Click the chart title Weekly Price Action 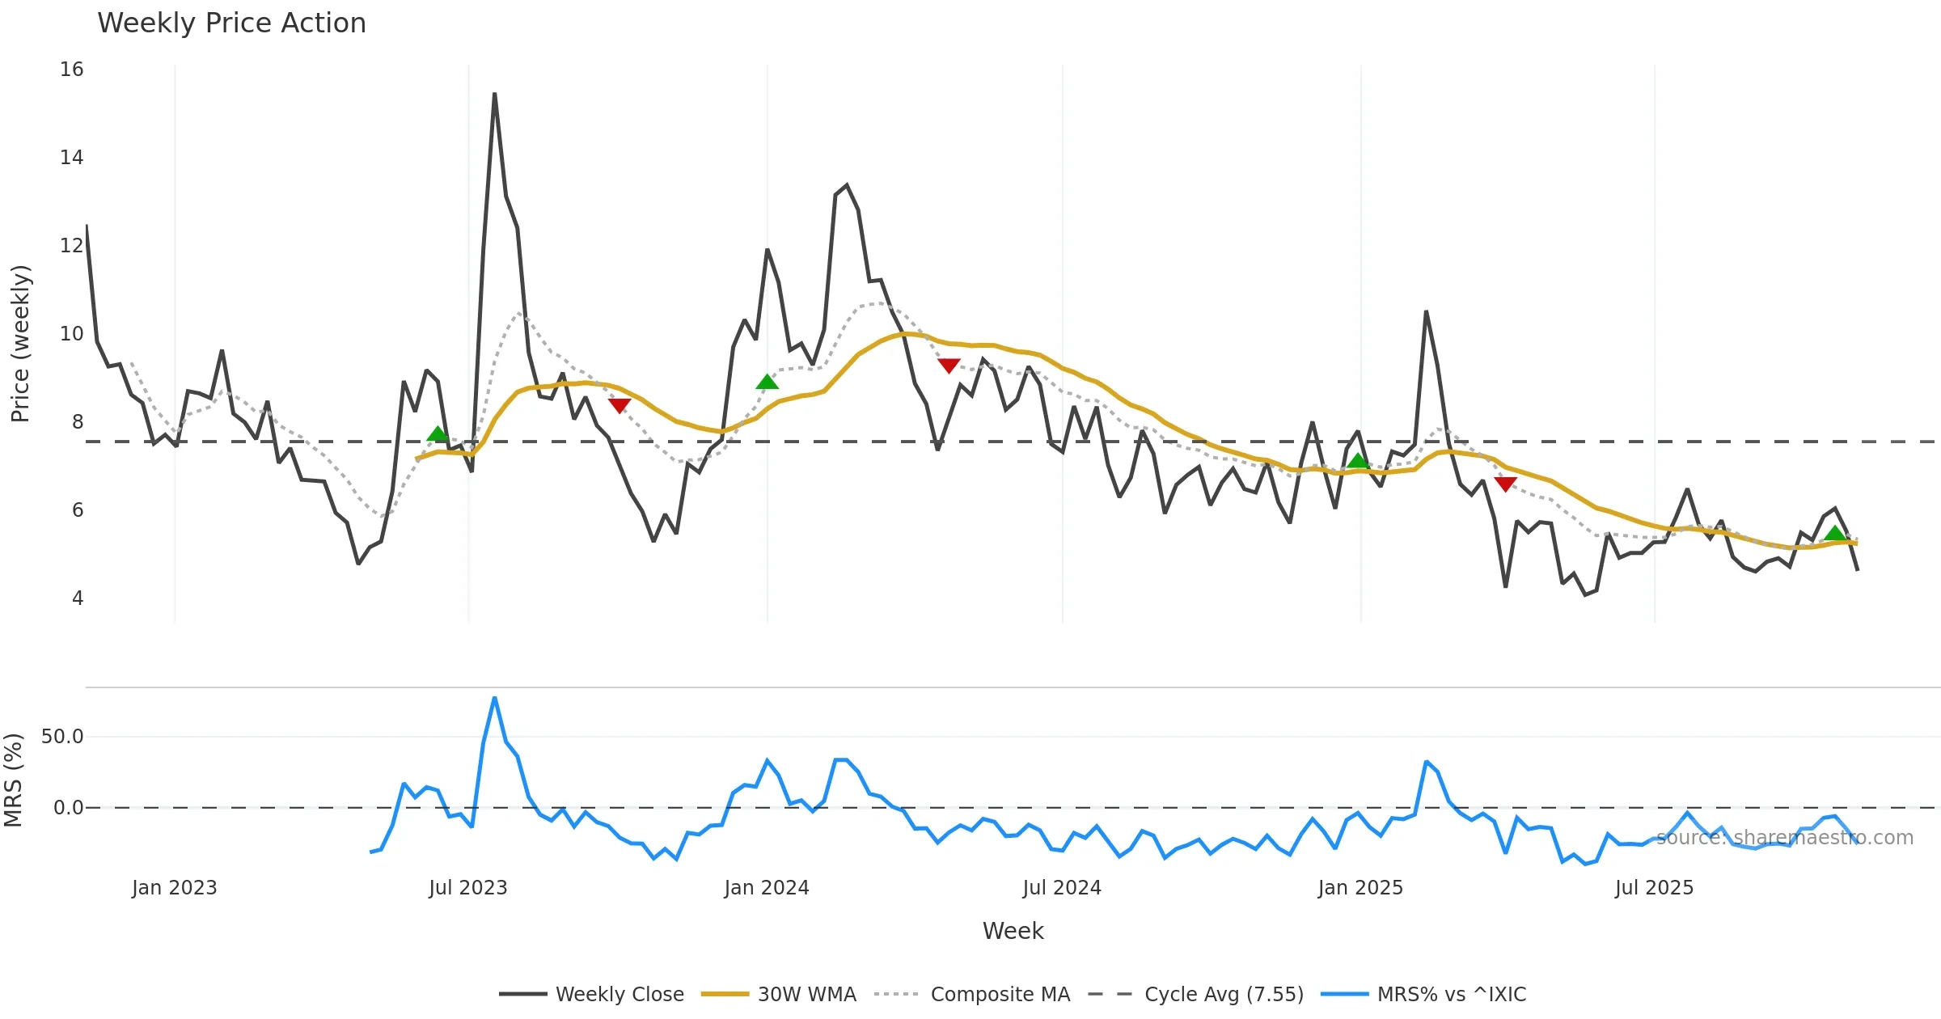point(231,23)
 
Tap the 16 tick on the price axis point(71,70)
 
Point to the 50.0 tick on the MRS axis point(62,737)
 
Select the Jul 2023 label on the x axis point(467,888)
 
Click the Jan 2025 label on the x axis point(1360,888)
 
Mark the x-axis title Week point(1013,932)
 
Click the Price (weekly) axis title point(20,344)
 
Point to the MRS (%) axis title point(14,780)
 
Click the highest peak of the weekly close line point(494,95)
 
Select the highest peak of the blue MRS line point(494,698)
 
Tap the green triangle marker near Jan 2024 point(767,382)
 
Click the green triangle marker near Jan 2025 point(1358,461)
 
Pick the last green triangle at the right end point(1835,533)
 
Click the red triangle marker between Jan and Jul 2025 point(1505,484)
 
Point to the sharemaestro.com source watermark point(1785,838)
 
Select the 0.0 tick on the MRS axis point(68,808)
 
